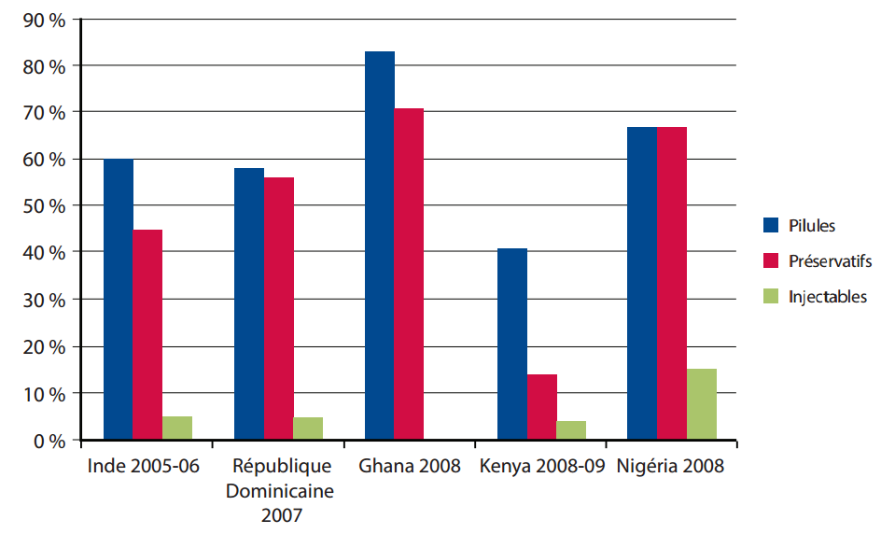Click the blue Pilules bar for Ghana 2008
380,245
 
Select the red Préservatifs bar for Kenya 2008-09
542,406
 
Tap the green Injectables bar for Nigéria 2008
702,403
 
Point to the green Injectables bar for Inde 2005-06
177,428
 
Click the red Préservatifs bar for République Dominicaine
279,308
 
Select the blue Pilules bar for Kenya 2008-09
512,344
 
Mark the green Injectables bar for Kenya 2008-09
571,429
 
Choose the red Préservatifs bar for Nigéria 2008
672,283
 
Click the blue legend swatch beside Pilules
771,225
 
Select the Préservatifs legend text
830,261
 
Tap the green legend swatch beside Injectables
771,297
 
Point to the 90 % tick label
42,19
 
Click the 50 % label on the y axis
42,205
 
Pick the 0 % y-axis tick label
47,440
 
